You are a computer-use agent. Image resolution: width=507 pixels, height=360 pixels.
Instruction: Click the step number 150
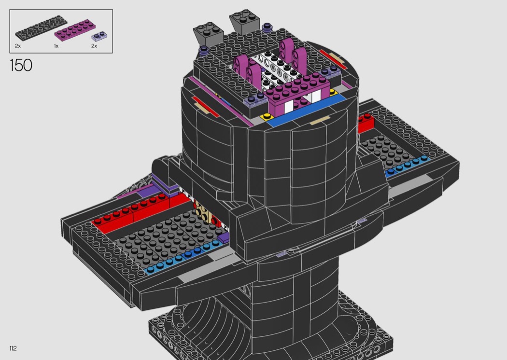[x=21, y=65]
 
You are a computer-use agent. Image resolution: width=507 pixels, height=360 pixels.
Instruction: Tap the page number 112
[x=13, y=348]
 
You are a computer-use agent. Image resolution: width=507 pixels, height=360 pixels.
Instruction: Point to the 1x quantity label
[x=56, y=46]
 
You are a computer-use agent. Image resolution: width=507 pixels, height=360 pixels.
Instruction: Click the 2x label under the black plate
[x=18, y=46]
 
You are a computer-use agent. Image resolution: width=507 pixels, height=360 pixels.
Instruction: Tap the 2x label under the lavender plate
[x=94, y=46]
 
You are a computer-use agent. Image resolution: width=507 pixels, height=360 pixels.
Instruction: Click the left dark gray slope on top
[x=209, y=33]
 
